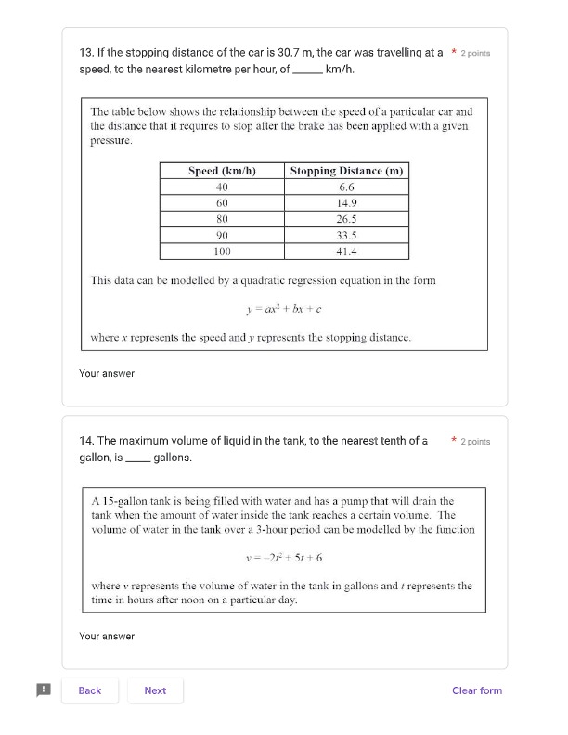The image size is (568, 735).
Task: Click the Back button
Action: pos(90,690)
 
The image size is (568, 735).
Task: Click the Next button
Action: pos(155,690)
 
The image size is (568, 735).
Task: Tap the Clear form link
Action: pos(477,690)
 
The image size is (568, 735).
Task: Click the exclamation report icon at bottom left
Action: pos(43,690)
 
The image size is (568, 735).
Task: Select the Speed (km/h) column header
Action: pos(222,171)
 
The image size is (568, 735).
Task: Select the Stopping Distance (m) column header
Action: pos(346,171)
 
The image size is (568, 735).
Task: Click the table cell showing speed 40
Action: pos(222,187)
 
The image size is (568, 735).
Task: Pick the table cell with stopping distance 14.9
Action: pos(346,202)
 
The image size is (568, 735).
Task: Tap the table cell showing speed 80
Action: pos(222,219)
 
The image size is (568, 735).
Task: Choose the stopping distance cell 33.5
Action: pos(346,235)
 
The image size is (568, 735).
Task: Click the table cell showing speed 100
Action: pos(222,251)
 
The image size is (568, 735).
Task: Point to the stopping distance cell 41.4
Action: pos(346,251)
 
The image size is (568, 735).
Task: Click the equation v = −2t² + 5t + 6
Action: pos(284,558)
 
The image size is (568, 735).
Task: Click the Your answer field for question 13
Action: pos(107,374)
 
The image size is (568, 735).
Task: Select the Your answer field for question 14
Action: pos(107,637)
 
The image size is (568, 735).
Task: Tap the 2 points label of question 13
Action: pos(475,54)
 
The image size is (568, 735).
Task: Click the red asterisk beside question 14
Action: pos(453,441)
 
